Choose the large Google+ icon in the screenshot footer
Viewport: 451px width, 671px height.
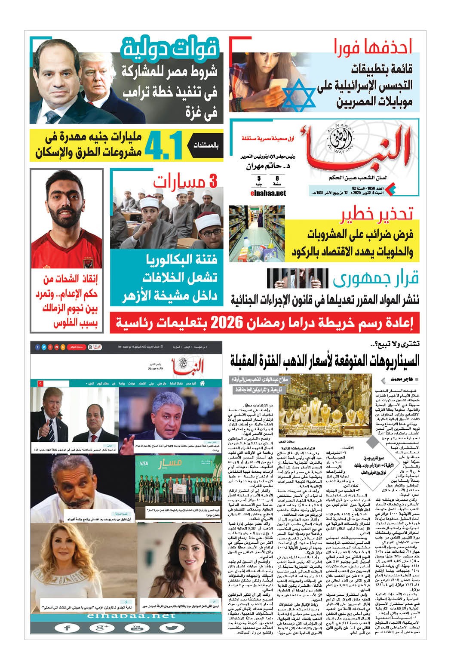point(100,628)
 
